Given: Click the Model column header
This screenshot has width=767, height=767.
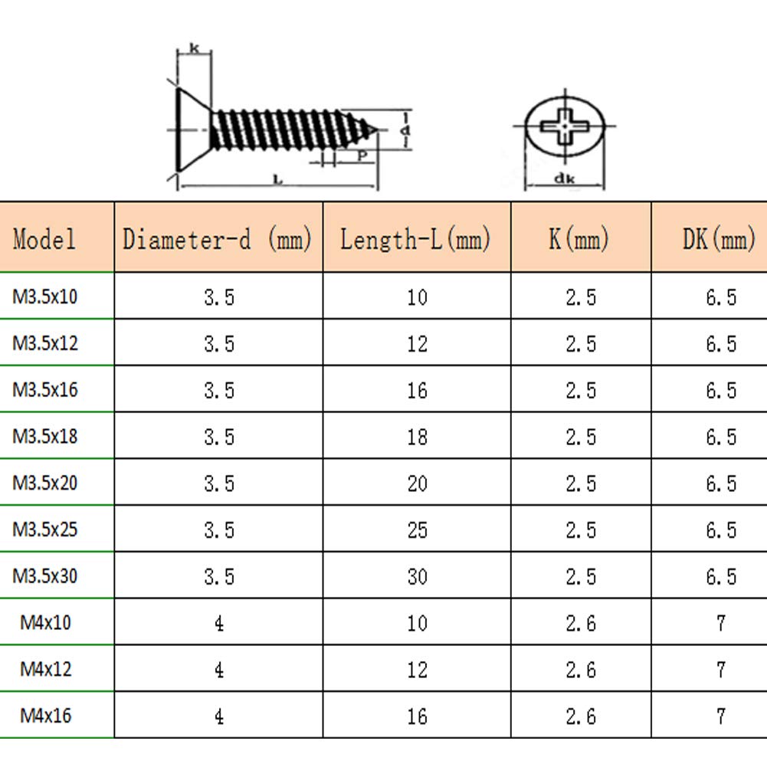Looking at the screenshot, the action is tap(44, 239).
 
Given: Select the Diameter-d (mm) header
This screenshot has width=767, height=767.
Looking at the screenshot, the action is tap(217, 239).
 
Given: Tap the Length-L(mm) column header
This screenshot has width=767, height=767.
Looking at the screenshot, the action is tap(415, 239).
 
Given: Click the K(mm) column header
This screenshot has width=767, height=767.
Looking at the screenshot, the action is tap(579, 239).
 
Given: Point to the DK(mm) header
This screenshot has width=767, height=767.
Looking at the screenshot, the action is tap(719, 239).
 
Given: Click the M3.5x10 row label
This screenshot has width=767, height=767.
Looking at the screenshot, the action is tap(45, 297).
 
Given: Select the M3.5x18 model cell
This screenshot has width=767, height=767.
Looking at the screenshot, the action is tap(45, 436).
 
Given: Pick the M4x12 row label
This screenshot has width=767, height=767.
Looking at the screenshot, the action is tap(45, 669).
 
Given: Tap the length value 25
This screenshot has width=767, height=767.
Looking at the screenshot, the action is tap(418, 530).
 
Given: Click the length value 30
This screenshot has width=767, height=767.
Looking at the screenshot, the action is tap(418, 577).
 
